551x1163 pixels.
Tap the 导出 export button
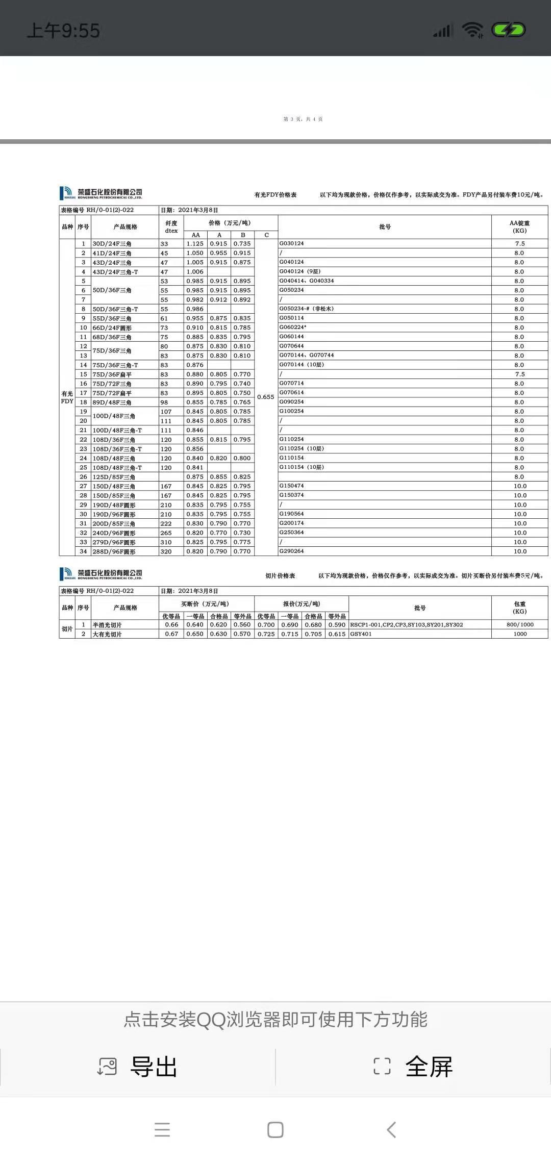[x=138, y=1066]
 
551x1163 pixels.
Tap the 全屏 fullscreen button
[x=413, y=1066]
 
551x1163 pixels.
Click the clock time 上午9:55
[x=63, y=31]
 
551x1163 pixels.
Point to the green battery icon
[x=508, y=30]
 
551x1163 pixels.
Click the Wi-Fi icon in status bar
[x=472, y=30]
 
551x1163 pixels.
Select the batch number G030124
[x=292, y=243]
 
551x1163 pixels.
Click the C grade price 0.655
[x=266, y=397]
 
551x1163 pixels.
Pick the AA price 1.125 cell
[x=195, y=244]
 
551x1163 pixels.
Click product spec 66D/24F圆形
[x=112, y=327]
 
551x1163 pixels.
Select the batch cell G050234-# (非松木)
[x=307, y=309]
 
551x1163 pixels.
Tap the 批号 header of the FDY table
[x=385, y=227]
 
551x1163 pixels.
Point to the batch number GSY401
[x=361, y=634]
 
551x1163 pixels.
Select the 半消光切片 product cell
[x=107, y=625]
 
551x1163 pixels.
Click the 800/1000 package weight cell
[x=520, y=624]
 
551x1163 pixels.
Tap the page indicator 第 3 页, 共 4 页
[x=303, y=119]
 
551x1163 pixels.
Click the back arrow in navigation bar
[x=391, y=1130]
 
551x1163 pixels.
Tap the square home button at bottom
[x=275, y=1130]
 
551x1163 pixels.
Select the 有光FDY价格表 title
[x=275, y=195]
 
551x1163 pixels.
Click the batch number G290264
[x=292, y=551]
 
